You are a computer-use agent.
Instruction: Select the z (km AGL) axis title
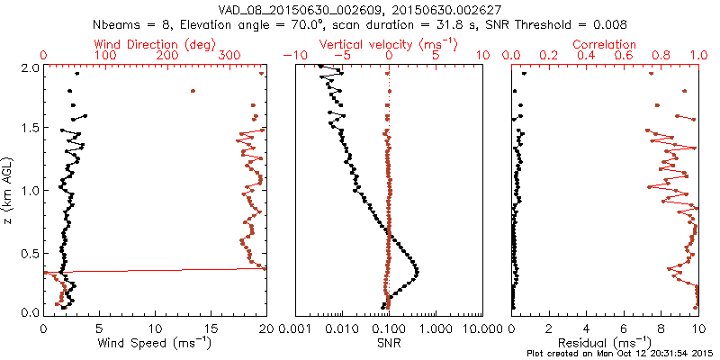pyautogui.click(x=11, y=189)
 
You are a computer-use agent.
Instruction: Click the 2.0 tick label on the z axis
pyautogui.click(x=30, y=67)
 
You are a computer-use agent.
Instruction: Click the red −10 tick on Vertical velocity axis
pyautogui.click(x=292, y=56)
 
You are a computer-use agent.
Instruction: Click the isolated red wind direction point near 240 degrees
pyautogui.click(x=193, y=91)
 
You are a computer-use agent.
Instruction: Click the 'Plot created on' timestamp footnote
pyautogui.click(x=620, y=353)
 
